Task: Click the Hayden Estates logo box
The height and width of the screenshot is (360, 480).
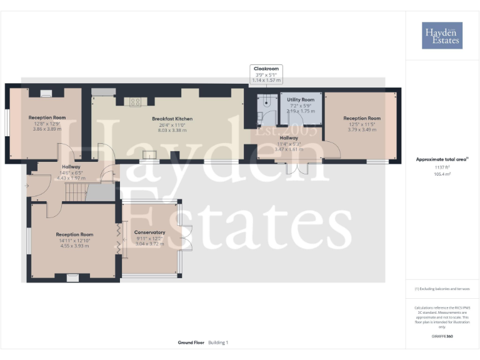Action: [442, 35]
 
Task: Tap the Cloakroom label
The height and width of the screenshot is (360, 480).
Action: [266, 69]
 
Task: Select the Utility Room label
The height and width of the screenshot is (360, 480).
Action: [301, 99]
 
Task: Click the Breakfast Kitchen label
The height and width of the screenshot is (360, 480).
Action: [172, 119]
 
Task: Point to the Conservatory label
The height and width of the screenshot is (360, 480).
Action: [150, 232]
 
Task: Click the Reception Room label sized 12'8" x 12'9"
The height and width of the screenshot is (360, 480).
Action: [47, 117]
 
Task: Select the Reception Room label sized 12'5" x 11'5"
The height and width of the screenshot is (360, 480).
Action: [361, 118]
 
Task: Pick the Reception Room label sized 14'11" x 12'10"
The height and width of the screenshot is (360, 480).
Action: [74, 234]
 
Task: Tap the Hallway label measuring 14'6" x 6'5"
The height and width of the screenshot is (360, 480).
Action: [70, 167]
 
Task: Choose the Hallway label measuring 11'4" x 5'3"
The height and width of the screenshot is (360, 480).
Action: [289, 138]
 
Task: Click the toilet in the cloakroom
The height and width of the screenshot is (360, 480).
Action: [259, 115]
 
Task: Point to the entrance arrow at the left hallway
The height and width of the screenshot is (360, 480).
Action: [26, 186]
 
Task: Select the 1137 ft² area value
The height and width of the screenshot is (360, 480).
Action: [442, 167]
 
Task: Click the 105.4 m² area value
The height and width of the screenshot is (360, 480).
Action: [442, 174]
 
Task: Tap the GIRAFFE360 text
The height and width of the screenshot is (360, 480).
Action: [442, 337]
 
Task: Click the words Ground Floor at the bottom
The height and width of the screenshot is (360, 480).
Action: [190, 342]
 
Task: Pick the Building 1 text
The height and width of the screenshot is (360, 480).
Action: [219, 342]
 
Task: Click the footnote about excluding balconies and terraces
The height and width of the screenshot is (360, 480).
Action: [442, 289]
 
